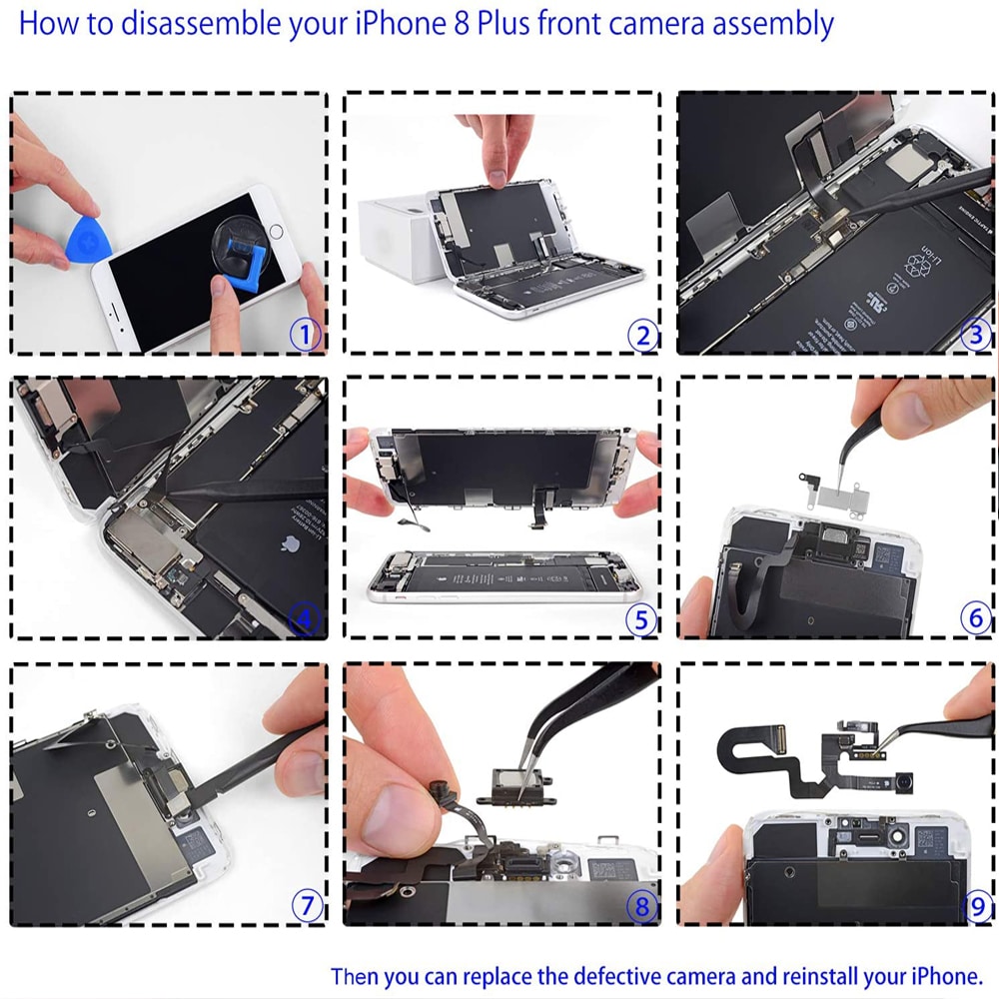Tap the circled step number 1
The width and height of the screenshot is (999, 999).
coord(305,334)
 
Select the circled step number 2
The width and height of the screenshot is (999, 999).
coord(642,335)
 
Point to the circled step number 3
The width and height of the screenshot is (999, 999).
coord(975,334)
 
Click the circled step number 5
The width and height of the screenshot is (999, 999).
coord(641,619)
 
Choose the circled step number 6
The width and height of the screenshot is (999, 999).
coord(975,617)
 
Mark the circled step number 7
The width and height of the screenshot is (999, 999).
coord(307,905)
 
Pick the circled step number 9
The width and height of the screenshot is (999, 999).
coord(977,906)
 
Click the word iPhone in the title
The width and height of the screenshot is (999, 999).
coord(401,24)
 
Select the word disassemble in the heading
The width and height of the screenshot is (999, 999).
coord(201,24)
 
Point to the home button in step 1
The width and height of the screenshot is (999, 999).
coord(276,231)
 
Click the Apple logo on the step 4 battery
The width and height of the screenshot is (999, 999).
coord(291,544)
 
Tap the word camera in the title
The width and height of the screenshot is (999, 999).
coord(657,24)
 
